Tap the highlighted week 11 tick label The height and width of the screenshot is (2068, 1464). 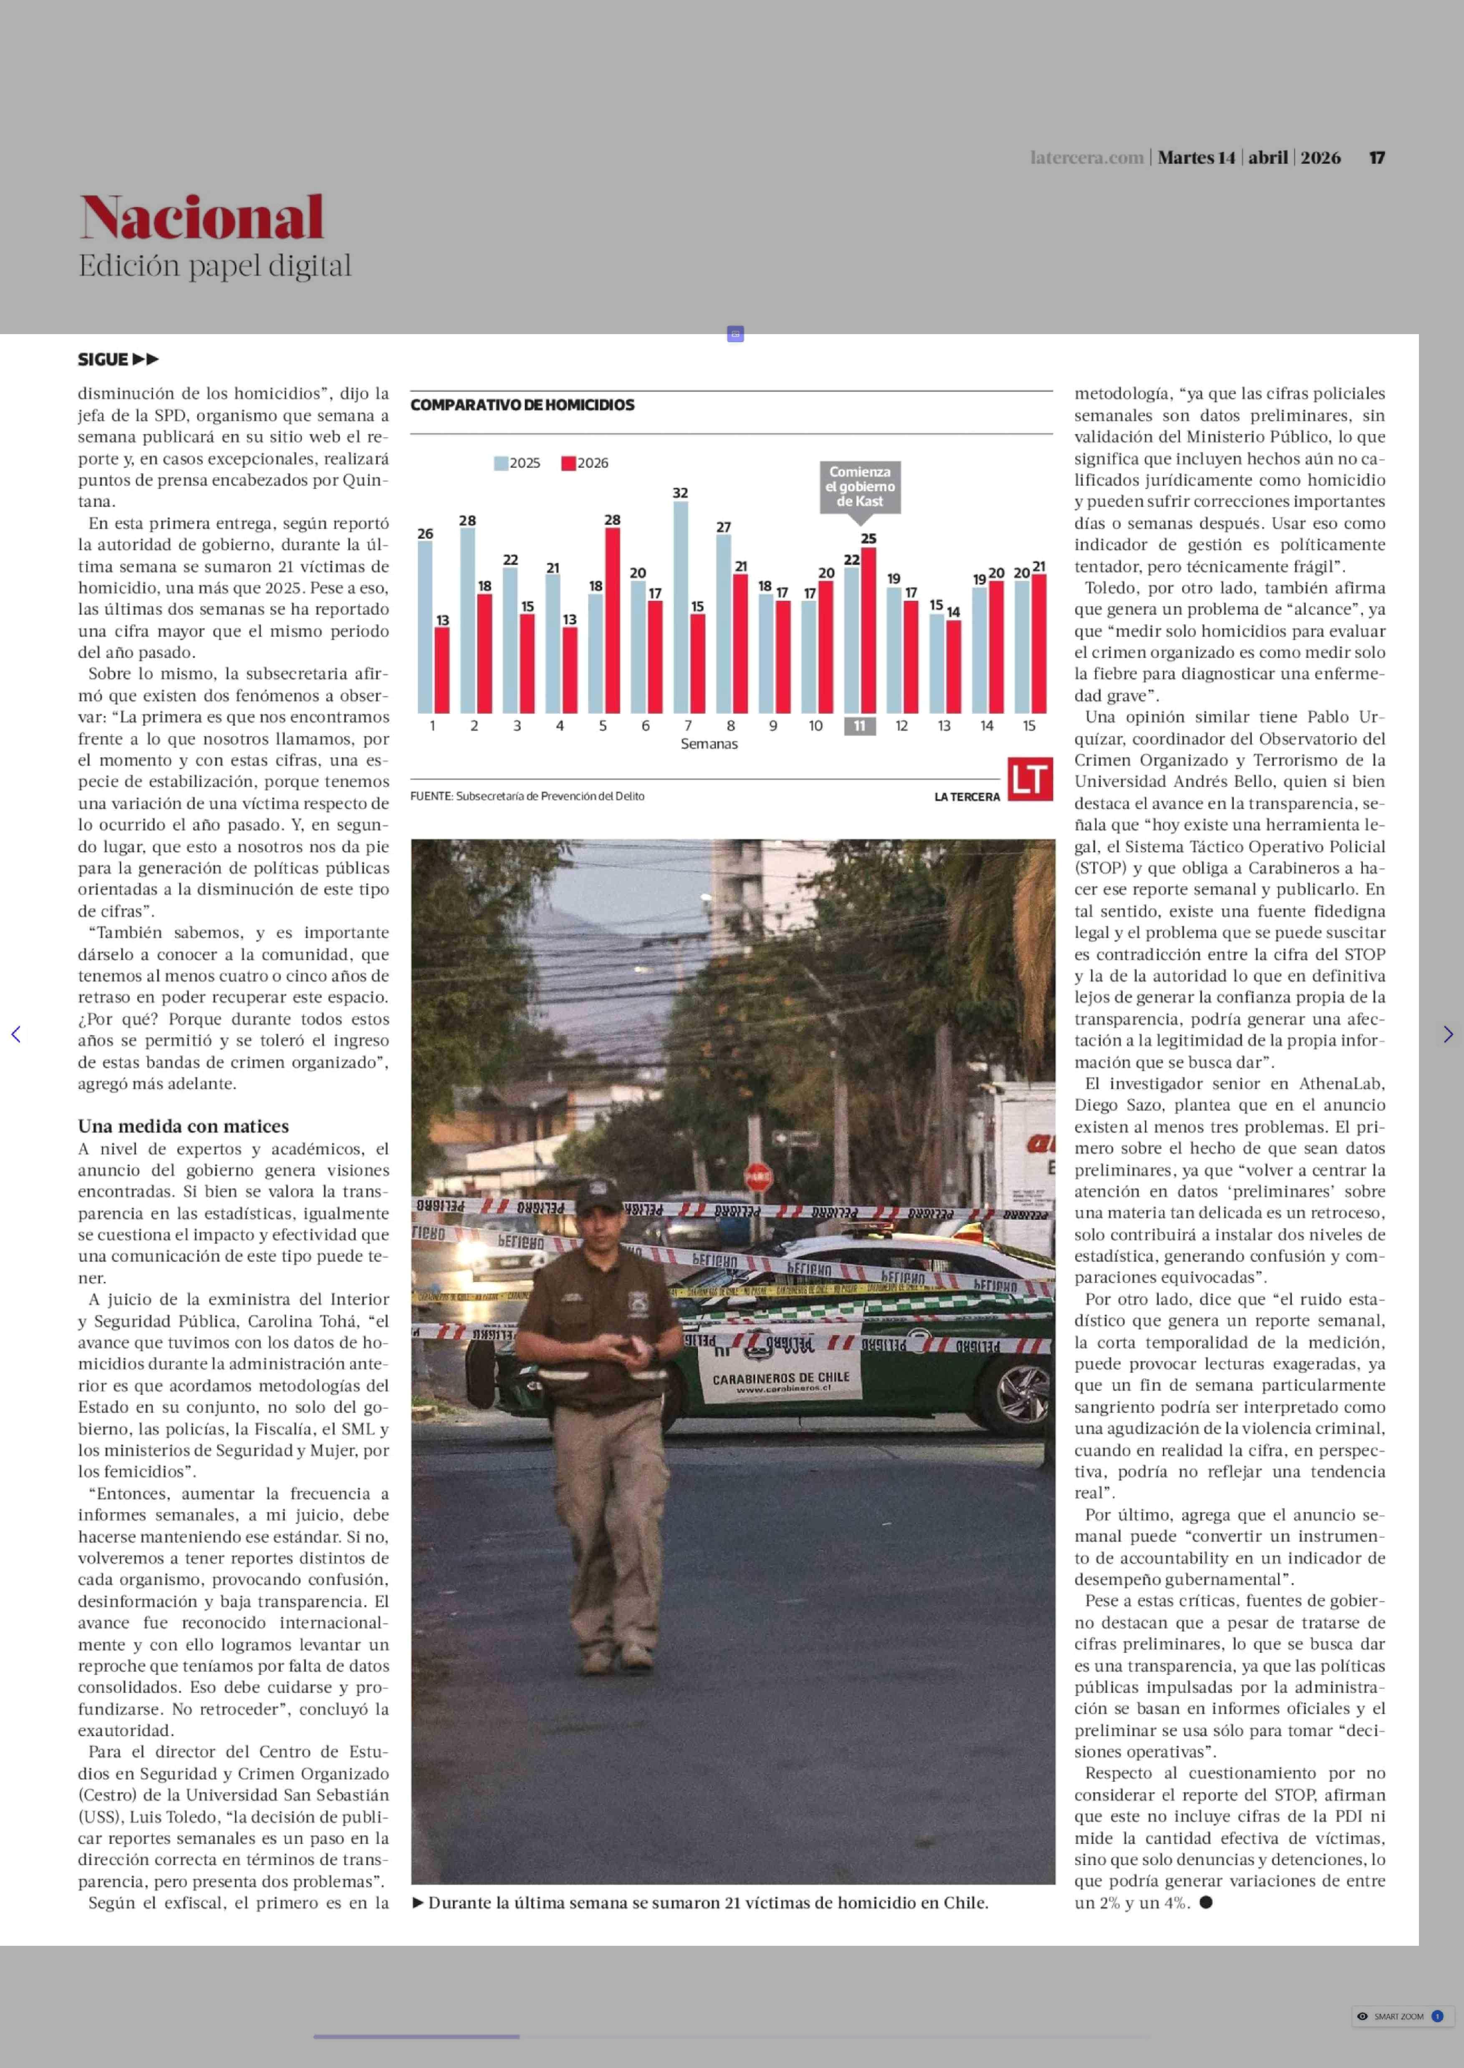click(859, 725)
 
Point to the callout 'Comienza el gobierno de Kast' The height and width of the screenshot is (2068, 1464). click(860, 487)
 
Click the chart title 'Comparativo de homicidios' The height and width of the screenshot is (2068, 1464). click(522, 405)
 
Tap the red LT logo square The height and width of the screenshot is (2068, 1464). click(1030, 779)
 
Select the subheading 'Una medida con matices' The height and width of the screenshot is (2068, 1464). click(183, 1126)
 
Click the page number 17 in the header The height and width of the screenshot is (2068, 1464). click(1376, 158)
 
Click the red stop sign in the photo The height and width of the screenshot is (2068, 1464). click(758, 1176)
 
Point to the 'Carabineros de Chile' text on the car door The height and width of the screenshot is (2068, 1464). click(781, 1379)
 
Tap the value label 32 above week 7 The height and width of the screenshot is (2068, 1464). click(681, 493)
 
